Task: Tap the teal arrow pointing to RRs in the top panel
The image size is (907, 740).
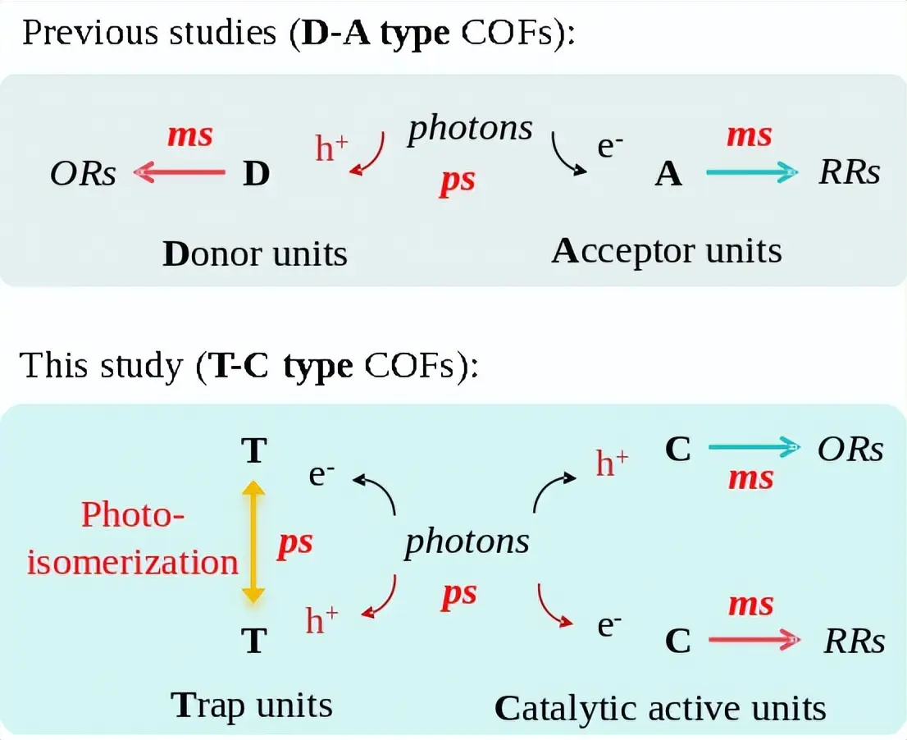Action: coord(751,171)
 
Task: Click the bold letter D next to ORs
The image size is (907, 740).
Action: coord(257,174)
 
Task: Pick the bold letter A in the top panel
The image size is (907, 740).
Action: coord(668,174)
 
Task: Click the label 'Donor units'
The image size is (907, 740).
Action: coord(255,254)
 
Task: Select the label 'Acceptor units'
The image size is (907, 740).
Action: coord(666,251)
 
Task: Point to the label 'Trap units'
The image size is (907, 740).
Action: coord(252,705)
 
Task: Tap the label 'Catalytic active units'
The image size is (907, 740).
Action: coord(660,708)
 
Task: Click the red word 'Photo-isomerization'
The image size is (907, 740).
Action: coord(133,539)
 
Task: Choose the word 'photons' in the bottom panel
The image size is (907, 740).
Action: coord(467,541)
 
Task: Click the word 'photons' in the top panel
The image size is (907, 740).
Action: coord(470,129)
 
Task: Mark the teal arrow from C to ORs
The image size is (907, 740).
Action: coord(754,447)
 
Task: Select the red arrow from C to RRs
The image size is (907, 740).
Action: coord(754,640)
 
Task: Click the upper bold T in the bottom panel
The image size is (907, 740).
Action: coord(254,450)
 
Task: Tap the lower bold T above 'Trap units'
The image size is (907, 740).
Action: coord(254,641)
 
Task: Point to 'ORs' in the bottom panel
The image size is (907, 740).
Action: coord(850,449)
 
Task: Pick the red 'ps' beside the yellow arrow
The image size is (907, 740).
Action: coord(294,543)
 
